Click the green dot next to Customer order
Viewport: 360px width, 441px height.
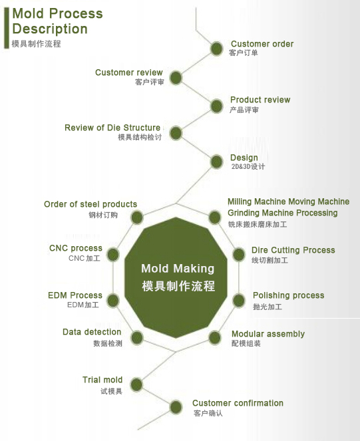(x=216, y=49)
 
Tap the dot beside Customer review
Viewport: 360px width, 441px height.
(x=176, y=78)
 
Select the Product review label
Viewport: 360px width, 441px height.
(x=260, y=100)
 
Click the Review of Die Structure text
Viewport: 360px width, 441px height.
(x=112, y=128)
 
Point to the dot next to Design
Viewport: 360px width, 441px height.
(x=216, y=162)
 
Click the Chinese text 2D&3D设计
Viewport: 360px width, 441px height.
(x=248, y=166)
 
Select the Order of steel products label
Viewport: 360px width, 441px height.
(x=90, y=204)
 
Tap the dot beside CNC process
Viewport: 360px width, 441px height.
(x=113, y=255)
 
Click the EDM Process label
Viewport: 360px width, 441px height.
(x=75, y=295)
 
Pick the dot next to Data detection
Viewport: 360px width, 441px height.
(x=137, y=338)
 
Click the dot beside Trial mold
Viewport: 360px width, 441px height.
(x=136, y=384)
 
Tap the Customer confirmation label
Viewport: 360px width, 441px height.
(x=238, y=403)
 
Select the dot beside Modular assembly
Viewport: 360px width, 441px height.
(x=215, y=337)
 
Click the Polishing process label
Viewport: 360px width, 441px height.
(x=289, y=295)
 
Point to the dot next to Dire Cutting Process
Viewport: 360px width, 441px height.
(x=239, y=255)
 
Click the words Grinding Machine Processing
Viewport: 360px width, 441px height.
(x=283, y=213)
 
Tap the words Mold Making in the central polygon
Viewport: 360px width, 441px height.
(x=178, y=269)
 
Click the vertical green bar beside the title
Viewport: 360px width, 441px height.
(x=7, y=28)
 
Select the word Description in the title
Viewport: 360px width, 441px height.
(x=50, y=29)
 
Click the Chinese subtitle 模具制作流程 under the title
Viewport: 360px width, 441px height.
(x=37, y=44)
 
